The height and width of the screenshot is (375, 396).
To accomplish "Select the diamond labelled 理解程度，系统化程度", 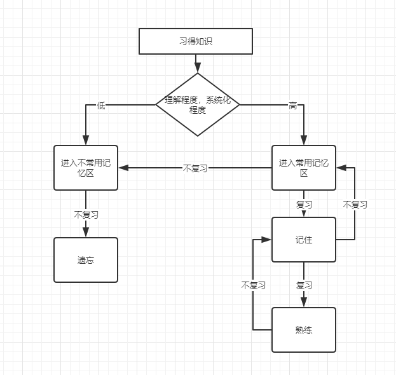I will (198, 104).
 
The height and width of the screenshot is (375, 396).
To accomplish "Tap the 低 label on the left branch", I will (101, 106).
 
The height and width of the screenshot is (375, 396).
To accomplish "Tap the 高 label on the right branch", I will (292, 106).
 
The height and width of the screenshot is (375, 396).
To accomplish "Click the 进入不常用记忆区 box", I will (86, 168).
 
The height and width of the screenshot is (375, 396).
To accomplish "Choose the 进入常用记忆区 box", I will (304, 168).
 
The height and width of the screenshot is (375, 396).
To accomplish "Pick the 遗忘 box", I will (86, 260).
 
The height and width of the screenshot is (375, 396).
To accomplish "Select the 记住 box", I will (304, 240).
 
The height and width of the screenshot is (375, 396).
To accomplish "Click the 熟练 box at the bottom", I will (304, 330).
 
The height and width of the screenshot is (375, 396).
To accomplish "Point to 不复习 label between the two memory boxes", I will (195, 168).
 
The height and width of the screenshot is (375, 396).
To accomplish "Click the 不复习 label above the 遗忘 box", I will (86, 214).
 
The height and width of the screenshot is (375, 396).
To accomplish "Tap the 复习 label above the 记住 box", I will (304, 205).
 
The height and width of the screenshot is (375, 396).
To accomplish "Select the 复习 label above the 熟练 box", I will (304, 285).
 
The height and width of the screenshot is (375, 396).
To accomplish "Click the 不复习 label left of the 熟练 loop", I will (253, 285).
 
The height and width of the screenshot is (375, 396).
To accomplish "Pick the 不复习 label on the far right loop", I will (355, 205).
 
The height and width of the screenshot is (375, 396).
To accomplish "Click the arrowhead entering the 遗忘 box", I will (86, 233).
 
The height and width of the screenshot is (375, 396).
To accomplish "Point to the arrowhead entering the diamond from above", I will (198, 68).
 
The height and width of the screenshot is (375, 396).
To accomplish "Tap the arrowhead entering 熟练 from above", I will (304, 303).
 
